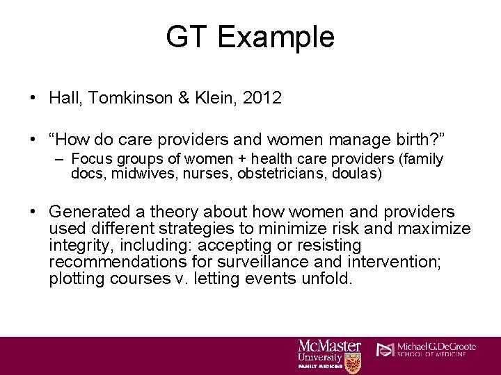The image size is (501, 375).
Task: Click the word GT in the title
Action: (x=186, y=37)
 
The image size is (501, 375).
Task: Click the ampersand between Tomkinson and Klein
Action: (x=184, y=98)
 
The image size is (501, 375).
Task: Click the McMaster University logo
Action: (x=329, y=353)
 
